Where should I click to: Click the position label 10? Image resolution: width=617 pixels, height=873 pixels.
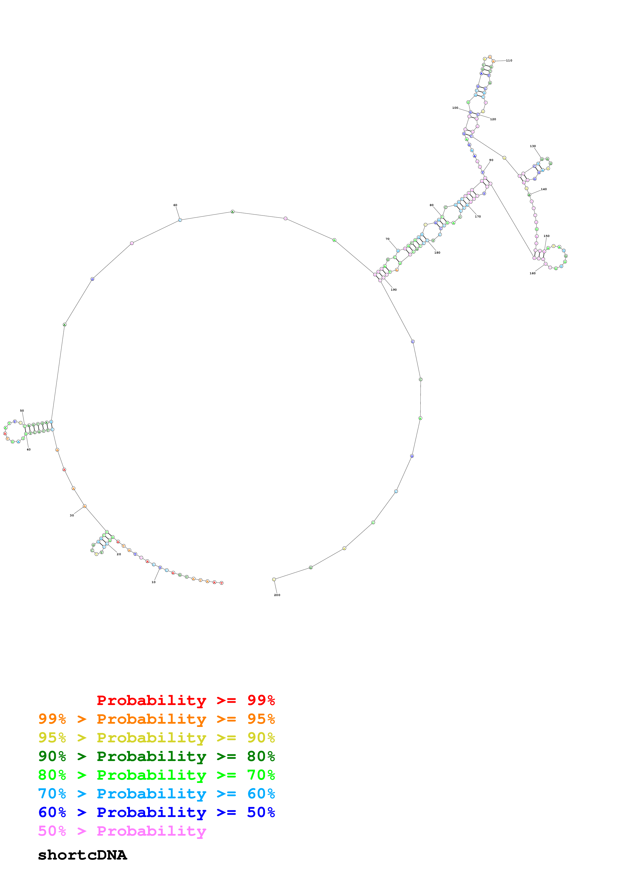coord(154,582)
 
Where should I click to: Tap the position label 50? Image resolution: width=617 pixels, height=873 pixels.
coord(22,411)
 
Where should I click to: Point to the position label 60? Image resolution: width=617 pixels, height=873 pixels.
coord(175,205)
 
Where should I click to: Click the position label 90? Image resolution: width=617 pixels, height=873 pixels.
coord(491,160)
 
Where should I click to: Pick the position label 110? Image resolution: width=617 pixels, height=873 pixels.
coord(509,60)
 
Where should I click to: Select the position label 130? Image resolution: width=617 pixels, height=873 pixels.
coord(533,146)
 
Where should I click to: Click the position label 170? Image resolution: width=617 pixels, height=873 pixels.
coord(478,216)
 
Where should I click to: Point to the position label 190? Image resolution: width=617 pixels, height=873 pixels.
coord(394,290)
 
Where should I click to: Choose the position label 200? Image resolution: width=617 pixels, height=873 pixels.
coord(277,595)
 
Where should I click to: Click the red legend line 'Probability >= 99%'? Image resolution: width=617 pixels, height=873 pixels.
coord(185,700)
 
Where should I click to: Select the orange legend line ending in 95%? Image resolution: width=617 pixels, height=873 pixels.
coord(156,719)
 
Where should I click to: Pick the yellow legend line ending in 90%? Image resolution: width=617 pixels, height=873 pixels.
coord(156,738)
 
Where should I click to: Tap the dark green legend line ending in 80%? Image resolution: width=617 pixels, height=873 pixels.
coord(156,756)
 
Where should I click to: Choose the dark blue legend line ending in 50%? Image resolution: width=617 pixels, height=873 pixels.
coord(156,812)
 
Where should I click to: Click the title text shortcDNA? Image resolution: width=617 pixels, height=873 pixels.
coord(82,855)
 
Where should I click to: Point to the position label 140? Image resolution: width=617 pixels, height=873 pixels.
coord(544,189)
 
